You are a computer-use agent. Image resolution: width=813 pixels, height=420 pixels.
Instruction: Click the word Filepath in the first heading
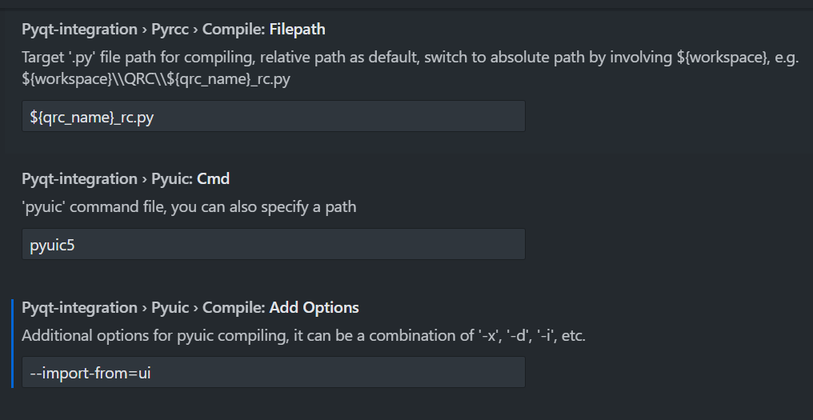(x=297, y=30)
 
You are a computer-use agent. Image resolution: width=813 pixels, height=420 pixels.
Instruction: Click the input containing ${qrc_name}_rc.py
(x=273, y=116)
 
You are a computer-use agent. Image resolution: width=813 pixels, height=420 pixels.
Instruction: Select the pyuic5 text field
(x=273, y=244)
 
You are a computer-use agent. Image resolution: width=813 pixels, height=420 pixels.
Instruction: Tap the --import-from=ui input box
(x=273, y=372)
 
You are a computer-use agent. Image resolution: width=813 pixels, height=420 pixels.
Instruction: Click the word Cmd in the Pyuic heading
(x=214, y=178)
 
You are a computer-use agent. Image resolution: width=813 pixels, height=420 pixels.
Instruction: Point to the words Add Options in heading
(x=314, y=307)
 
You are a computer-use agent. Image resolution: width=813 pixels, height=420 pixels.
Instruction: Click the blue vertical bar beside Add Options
(x=13, y=343)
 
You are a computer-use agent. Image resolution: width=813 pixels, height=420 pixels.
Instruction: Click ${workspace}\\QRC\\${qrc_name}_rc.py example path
(x=156, y=81)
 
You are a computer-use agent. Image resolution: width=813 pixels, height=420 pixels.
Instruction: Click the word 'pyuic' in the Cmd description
(x=41, y=207)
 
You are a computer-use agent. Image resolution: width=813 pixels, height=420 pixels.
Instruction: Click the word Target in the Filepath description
(x=42, y=59)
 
